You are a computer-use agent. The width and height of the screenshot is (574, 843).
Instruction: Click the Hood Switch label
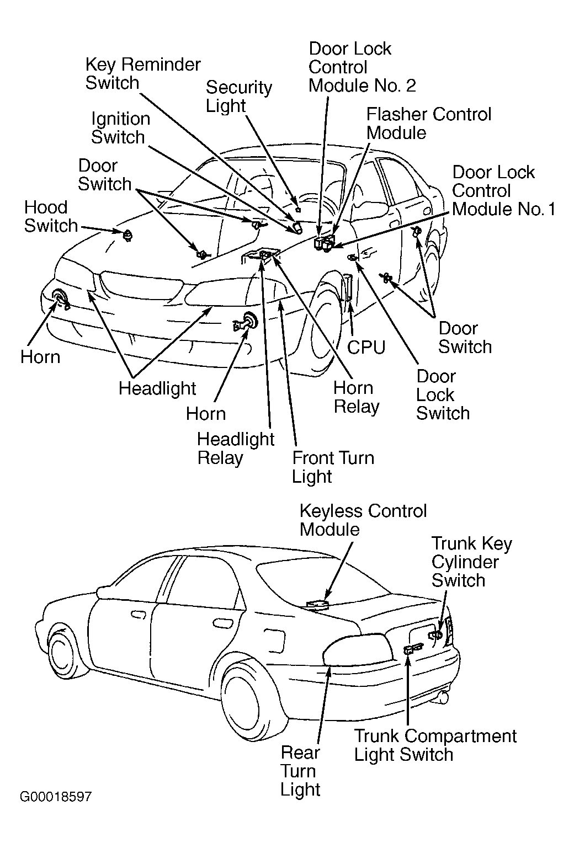point(51,217)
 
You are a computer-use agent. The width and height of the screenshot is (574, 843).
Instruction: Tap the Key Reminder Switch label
point(143,74)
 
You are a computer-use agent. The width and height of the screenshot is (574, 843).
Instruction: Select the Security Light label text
point(238,97)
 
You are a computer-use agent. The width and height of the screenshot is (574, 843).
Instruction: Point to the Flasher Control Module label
point(429,124)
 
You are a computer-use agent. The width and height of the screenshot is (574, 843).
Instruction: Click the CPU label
point(366,348)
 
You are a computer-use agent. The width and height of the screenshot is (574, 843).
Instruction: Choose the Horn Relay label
point(357,397)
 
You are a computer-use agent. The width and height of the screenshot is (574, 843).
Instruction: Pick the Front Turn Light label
point(333,467)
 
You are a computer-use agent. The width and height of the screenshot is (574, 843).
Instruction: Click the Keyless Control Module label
point(363,520)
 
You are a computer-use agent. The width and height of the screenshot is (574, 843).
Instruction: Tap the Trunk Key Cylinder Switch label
point(472,562)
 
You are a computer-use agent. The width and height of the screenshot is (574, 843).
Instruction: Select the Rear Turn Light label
point(300,771)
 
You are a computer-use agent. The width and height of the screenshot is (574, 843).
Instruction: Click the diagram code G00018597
point(56,797)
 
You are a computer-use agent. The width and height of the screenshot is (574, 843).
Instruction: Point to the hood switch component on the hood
point(128,235)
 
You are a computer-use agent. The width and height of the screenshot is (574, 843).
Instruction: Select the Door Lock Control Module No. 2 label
point(362,67)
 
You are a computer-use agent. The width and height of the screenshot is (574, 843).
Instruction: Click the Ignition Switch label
point(120,128)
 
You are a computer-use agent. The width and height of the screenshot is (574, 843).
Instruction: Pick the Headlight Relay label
point(236,448)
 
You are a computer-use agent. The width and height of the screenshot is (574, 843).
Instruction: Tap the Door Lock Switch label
point(443,395)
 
